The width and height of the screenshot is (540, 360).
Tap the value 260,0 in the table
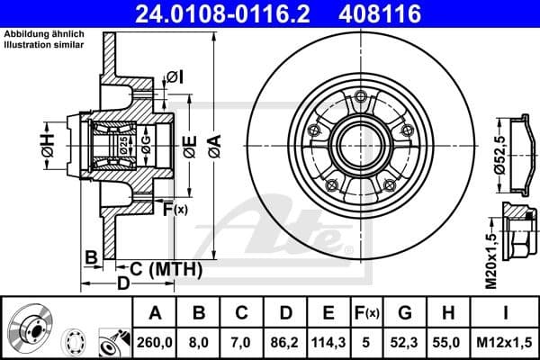click(x=155, y=342)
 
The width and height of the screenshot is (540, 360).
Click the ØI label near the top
click(x=175, y=76)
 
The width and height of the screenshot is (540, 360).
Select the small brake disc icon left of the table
click(x=31, y=328)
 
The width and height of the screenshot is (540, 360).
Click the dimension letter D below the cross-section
click(x=124, y=284)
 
